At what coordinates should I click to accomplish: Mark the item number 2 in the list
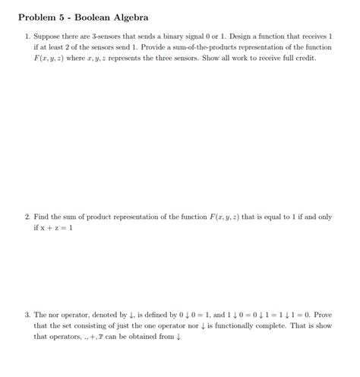(x=27, y=217)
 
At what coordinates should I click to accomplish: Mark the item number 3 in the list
(x=27, y=314)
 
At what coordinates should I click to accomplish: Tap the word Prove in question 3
(x=321, y=314)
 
